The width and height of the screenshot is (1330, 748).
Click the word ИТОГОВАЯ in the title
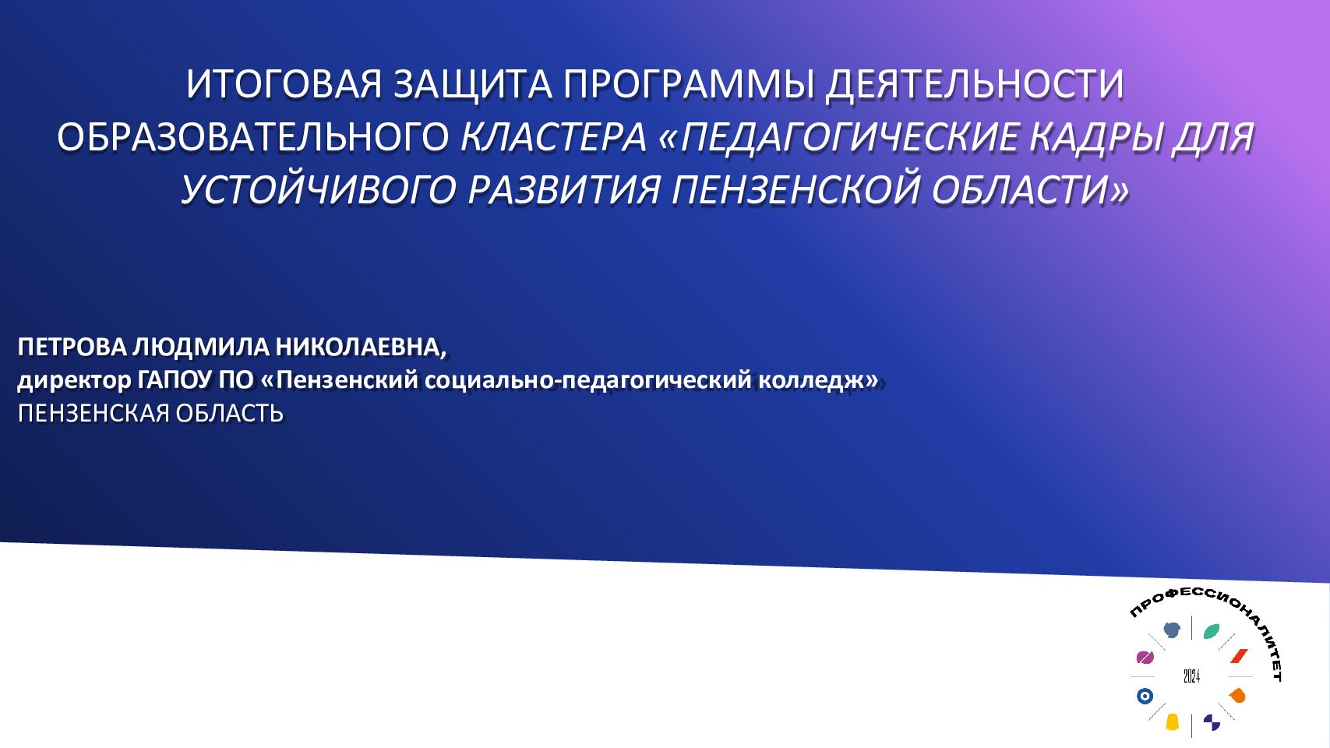tap(284, 84)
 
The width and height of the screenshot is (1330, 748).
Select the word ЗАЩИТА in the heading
tap(473, 86)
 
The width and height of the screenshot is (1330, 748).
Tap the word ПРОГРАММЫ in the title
tap(689, 84)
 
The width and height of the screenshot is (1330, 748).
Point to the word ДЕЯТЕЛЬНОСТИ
tap(975, 86)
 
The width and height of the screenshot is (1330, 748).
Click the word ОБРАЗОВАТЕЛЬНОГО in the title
tap(253, 137)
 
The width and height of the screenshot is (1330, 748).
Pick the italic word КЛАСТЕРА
tap(553, 137)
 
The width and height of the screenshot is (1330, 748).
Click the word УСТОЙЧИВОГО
tap(318, 190)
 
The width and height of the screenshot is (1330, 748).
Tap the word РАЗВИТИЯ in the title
tap(563, 190)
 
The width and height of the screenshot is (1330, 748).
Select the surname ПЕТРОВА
tap(72, 348)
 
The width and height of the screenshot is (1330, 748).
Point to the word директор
tap(74, 381)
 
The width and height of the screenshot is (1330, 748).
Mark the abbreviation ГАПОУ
tap(175, 380)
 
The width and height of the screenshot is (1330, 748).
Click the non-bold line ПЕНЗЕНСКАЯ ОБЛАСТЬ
tap(151, 414)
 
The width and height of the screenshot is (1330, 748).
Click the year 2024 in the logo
tap(1191, 676)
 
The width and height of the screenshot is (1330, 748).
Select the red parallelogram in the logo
tap(1239, 656)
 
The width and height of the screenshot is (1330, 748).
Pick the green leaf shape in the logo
tap(1212, 631)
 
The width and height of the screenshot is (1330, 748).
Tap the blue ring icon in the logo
tap(1145, 696)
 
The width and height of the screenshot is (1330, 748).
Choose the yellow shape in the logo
tap(1172, 722)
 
